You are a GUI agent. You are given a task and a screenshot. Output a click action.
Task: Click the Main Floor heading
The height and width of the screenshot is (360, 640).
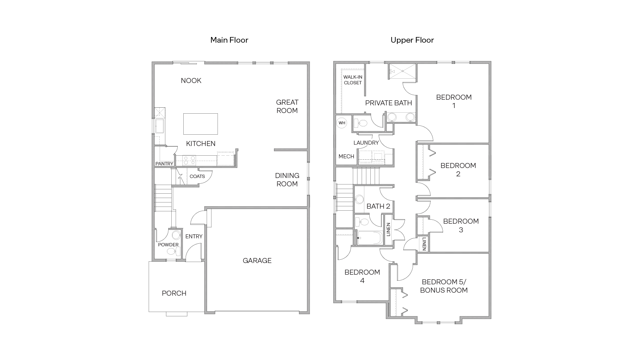click(x=229, y=40)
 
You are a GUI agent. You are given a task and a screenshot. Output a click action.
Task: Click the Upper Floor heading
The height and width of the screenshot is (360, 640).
click(x=412, y=40)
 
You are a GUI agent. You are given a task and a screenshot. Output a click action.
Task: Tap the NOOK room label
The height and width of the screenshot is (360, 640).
click(x=191, y=81)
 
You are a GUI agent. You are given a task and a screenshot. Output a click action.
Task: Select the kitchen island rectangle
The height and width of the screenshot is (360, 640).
click(x=200, y=124)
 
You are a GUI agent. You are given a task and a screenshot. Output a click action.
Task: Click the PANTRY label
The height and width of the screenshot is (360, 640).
click(x=164, y=164)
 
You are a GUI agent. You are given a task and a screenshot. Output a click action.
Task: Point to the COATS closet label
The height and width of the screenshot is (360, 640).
click(x=197, y=176)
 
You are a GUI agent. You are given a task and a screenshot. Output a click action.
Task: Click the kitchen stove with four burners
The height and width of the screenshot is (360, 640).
click(x=189, y=160)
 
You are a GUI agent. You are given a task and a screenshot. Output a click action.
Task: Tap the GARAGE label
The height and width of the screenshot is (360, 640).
click(x=257, y=261)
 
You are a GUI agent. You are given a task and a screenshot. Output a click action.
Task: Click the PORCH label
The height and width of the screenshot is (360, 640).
click(x=174, y=293)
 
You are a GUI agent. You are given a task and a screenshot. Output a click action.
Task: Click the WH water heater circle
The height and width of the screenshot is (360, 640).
click(x=342, y=123)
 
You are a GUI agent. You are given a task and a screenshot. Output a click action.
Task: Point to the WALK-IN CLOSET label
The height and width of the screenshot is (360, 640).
click(x=353, y=80)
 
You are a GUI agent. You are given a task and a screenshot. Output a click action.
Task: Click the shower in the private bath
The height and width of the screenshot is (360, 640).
click(x=403, y=71)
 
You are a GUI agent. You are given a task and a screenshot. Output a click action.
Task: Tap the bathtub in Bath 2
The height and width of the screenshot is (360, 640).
click(x=370, y=238)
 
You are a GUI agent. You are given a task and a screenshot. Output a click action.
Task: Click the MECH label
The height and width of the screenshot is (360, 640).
click(x=346, y=156)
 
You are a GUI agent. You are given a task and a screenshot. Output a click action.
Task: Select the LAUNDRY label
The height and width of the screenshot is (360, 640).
click(x=366, y=143)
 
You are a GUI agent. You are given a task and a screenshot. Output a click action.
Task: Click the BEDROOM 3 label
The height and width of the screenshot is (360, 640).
click(x=461, y=225)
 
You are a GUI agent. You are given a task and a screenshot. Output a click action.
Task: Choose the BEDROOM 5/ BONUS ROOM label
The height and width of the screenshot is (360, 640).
click(x=444, y=286)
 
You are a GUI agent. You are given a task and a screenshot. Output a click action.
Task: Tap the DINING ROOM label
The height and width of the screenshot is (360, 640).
click(x=287, y=180)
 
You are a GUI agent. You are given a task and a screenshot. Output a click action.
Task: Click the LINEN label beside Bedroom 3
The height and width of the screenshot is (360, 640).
click(x=424, y=244)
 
